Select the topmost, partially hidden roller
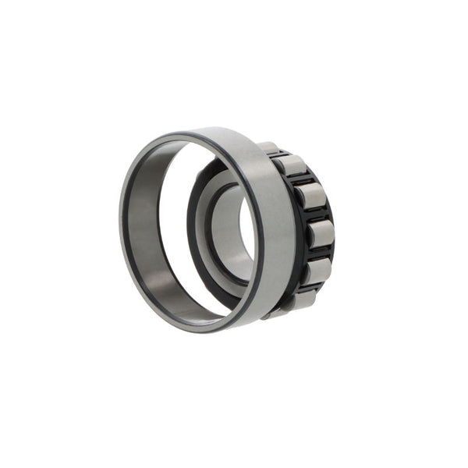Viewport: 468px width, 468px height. coord(271,147)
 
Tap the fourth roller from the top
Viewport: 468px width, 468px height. coord(320,233)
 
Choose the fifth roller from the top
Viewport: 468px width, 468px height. coord(315,270)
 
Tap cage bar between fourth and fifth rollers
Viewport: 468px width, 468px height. coord(319,253)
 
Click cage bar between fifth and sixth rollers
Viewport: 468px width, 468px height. coord(310,286)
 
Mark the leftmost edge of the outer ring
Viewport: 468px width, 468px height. coord(120,234)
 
